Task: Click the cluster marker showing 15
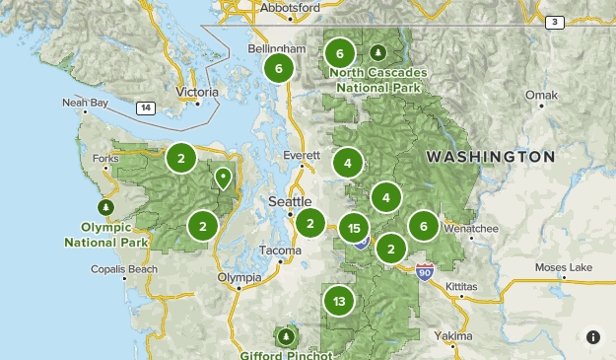(x=354, y=229)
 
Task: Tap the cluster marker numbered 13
(x=339, y=301)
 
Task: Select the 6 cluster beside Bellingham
(x=279, y=68)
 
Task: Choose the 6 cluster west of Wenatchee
(x=424, y=226)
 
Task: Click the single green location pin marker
(x=224, y=179)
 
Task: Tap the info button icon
(x=592, y=336)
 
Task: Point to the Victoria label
(x=196, y=93)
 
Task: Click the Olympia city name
(x=240, y=277)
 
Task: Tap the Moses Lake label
(x=564, y=267)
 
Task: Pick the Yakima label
(x=454, y=336)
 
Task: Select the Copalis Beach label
(x=122, y=268)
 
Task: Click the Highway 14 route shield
(x=146, y=108)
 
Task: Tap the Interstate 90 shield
(x=425, y=268)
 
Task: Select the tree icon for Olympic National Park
(x=105, y=207)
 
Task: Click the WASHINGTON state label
(x=490, y=157)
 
